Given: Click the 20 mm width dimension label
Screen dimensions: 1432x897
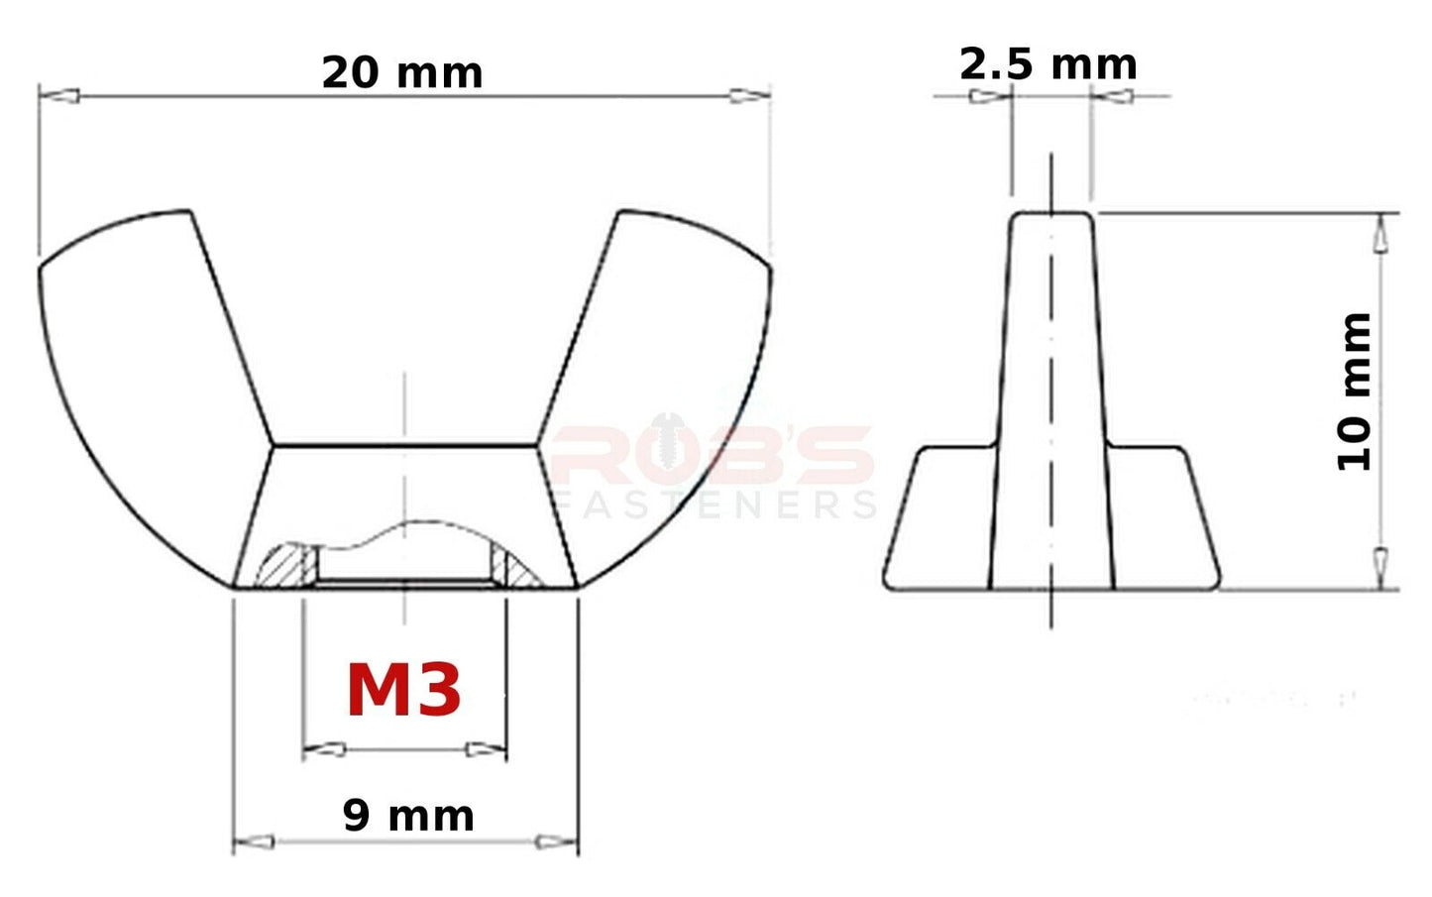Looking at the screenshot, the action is [402, 73].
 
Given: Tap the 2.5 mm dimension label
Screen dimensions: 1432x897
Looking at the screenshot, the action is [1048, 64].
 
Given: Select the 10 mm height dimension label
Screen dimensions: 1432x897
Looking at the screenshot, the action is [1354, 392].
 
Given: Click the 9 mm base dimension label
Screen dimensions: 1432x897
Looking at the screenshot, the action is [408, 816].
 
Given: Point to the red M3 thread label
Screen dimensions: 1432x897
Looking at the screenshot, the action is [403, 691].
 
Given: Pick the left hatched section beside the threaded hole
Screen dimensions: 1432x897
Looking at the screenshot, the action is [285, 566].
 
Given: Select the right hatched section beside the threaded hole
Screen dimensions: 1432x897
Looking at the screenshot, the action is [514, 566].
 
